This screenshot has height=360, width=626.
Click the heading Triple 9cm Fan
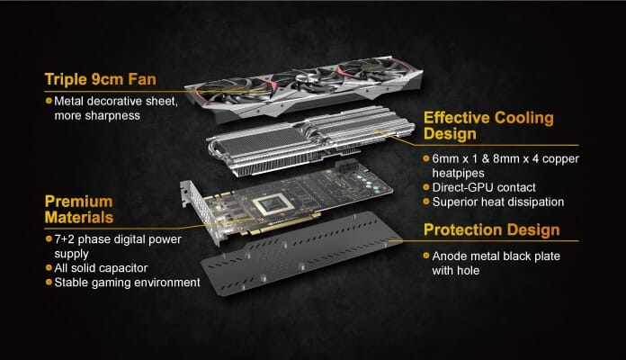click(100, 79)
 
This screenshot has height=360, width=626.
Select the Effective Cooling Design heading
click(488, 125)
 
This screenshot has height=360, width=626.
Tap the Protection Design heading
click(491, 230)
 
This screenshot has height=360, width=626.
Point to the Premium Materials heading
click(79, 210)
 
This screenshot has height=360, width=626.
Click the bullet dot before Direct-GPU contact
click(426, 187)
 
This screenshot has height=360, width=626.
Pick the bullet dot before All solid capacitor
click(49, 267)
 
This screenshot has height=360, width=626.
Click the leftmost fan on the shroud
click(234, 90)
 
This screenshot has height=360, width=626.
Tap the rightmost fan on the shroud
click(373, 67)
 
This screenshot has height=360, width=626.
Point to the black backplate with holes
click(302, 254)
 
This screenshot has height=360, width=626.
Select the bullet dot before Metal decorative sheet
click(49, 101)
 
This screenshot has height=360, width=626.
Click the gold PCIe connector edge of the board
click(280, 225)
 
